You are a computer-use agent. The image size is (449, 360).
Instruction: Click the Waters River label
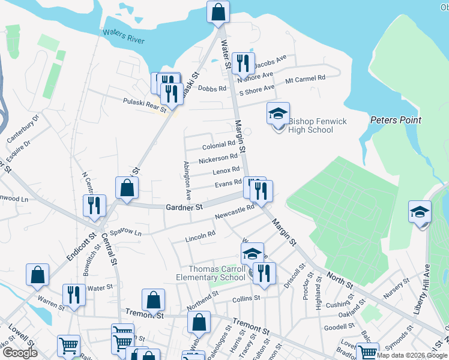[x=124, y=36]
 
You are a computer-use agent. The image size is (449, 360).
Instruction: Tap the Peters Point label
[x=396, y=120]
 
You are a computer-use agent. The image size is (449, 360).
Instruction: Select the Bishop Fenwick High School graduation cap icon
[x=278, y=114]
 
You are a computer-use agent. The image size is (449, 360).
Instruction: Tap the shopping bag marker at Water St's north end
[x=218, y=11]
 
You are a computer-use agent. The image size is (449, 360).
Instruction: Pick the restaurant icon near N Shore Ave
[x=243, y=63]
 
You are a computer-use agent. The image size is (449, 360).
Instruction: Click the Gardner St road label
[x=184, y=207]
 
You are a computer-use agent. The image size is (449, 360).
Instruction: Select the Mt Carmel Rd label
[x=305, y=79]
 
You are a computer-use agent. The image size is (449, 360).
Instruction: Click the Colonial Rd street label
[x=218, y=145]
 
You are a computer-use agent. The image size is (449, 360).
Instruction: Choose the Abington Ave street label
[x=187, y=180]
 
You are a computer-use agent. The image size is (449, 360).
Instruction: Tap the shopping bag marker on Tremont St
[x=154, y=301]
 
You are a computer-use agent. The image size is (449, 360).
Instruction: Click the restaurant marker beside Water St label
[x=74, y=295]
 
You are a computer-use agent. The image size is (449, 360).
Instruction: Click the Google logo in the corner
[x=20, y=353]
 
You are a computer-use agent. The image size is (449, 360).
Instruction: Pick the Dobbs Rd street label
[x=215, y=88]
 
